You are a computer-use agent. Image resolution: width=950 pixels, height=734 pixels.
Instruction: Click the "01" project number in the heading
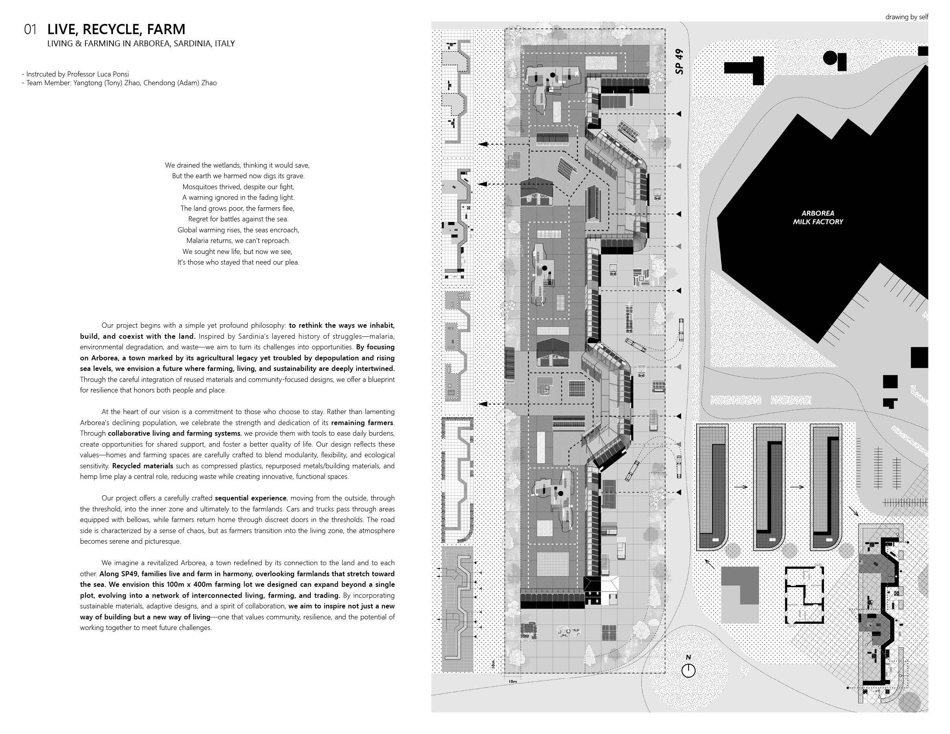[30, 29]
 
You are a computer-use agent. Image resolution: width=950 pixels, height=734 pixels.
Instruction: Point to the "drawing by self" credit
[906, 17]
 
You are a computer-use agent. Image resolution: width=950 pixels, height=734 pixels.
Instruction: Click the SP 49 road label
[680, 61]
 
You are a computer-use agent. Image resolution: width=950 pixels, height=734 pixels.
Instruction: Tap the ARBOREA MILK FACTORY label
[817, 217]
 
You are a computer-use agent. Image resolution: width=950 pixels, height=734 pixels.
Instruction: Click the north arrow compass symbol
[688, 670]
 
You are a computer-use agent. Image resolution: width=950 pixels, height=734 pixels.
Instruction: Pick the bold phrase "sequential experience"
[250, 498]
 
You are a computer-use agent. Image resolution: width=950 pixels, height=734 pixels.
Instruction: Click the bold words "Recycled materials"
[142, 466]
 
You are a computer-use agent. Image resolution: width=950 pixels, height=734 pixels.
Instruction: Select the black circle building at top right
[830, 57]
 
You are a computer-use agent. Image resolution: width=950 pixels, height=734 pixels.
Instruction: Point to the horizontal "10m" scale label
[513, 681]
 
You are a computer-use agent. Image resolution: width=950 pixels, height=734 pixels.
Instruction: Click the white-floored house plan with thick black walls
[804, 594]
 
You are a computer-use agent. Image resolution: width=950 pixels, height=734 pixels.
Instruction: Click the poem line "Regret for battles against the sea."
[238, 219]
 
